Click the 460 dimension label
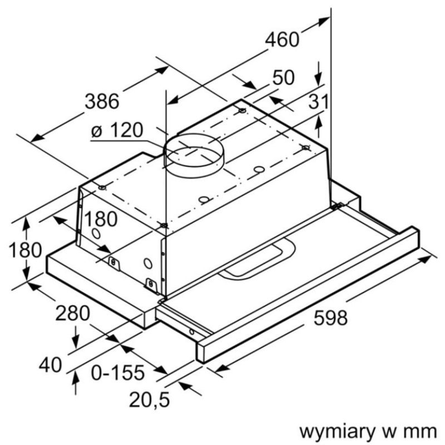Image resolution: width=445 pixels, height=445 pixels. coord(281,40)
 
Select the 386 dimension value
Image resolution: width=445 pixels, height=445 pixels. coord(102,101)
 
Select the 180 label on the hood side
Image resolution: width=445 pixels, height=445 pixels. coord(101,219)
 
